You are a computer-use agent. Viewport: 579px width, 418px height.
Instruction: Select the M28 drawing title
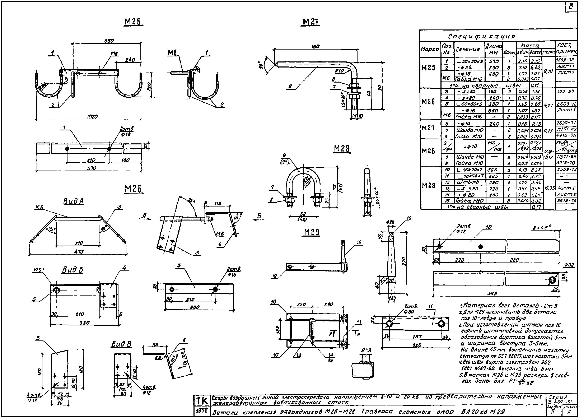click(x=342, y=149)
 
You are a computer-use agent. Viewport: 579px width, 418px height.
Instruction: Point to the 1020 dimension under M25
click(x=92, y=117)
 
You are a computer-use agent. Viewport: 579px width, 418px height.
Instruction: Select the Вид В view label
click(x=121, y=344)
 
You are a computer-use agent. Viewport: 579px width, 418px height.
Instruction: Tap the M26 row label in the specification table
click(x=428, y=102)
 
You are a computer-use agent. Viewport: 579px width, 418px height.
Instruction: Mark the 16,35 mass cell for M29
click(x=549, y=188)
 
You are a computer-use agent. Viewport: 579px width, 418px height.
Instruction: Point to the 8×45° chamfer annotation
click(x=542, y=227)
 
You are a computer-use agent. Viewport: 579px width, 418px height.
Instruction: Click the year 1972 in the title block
click(x=202, y=411)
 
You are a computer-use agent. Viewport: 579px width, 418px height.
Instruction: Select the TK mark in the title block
click(x=202, y=401)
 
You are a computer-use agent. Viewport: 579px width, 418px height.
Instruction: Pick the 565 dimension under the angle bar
click(x=492, y=294)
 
